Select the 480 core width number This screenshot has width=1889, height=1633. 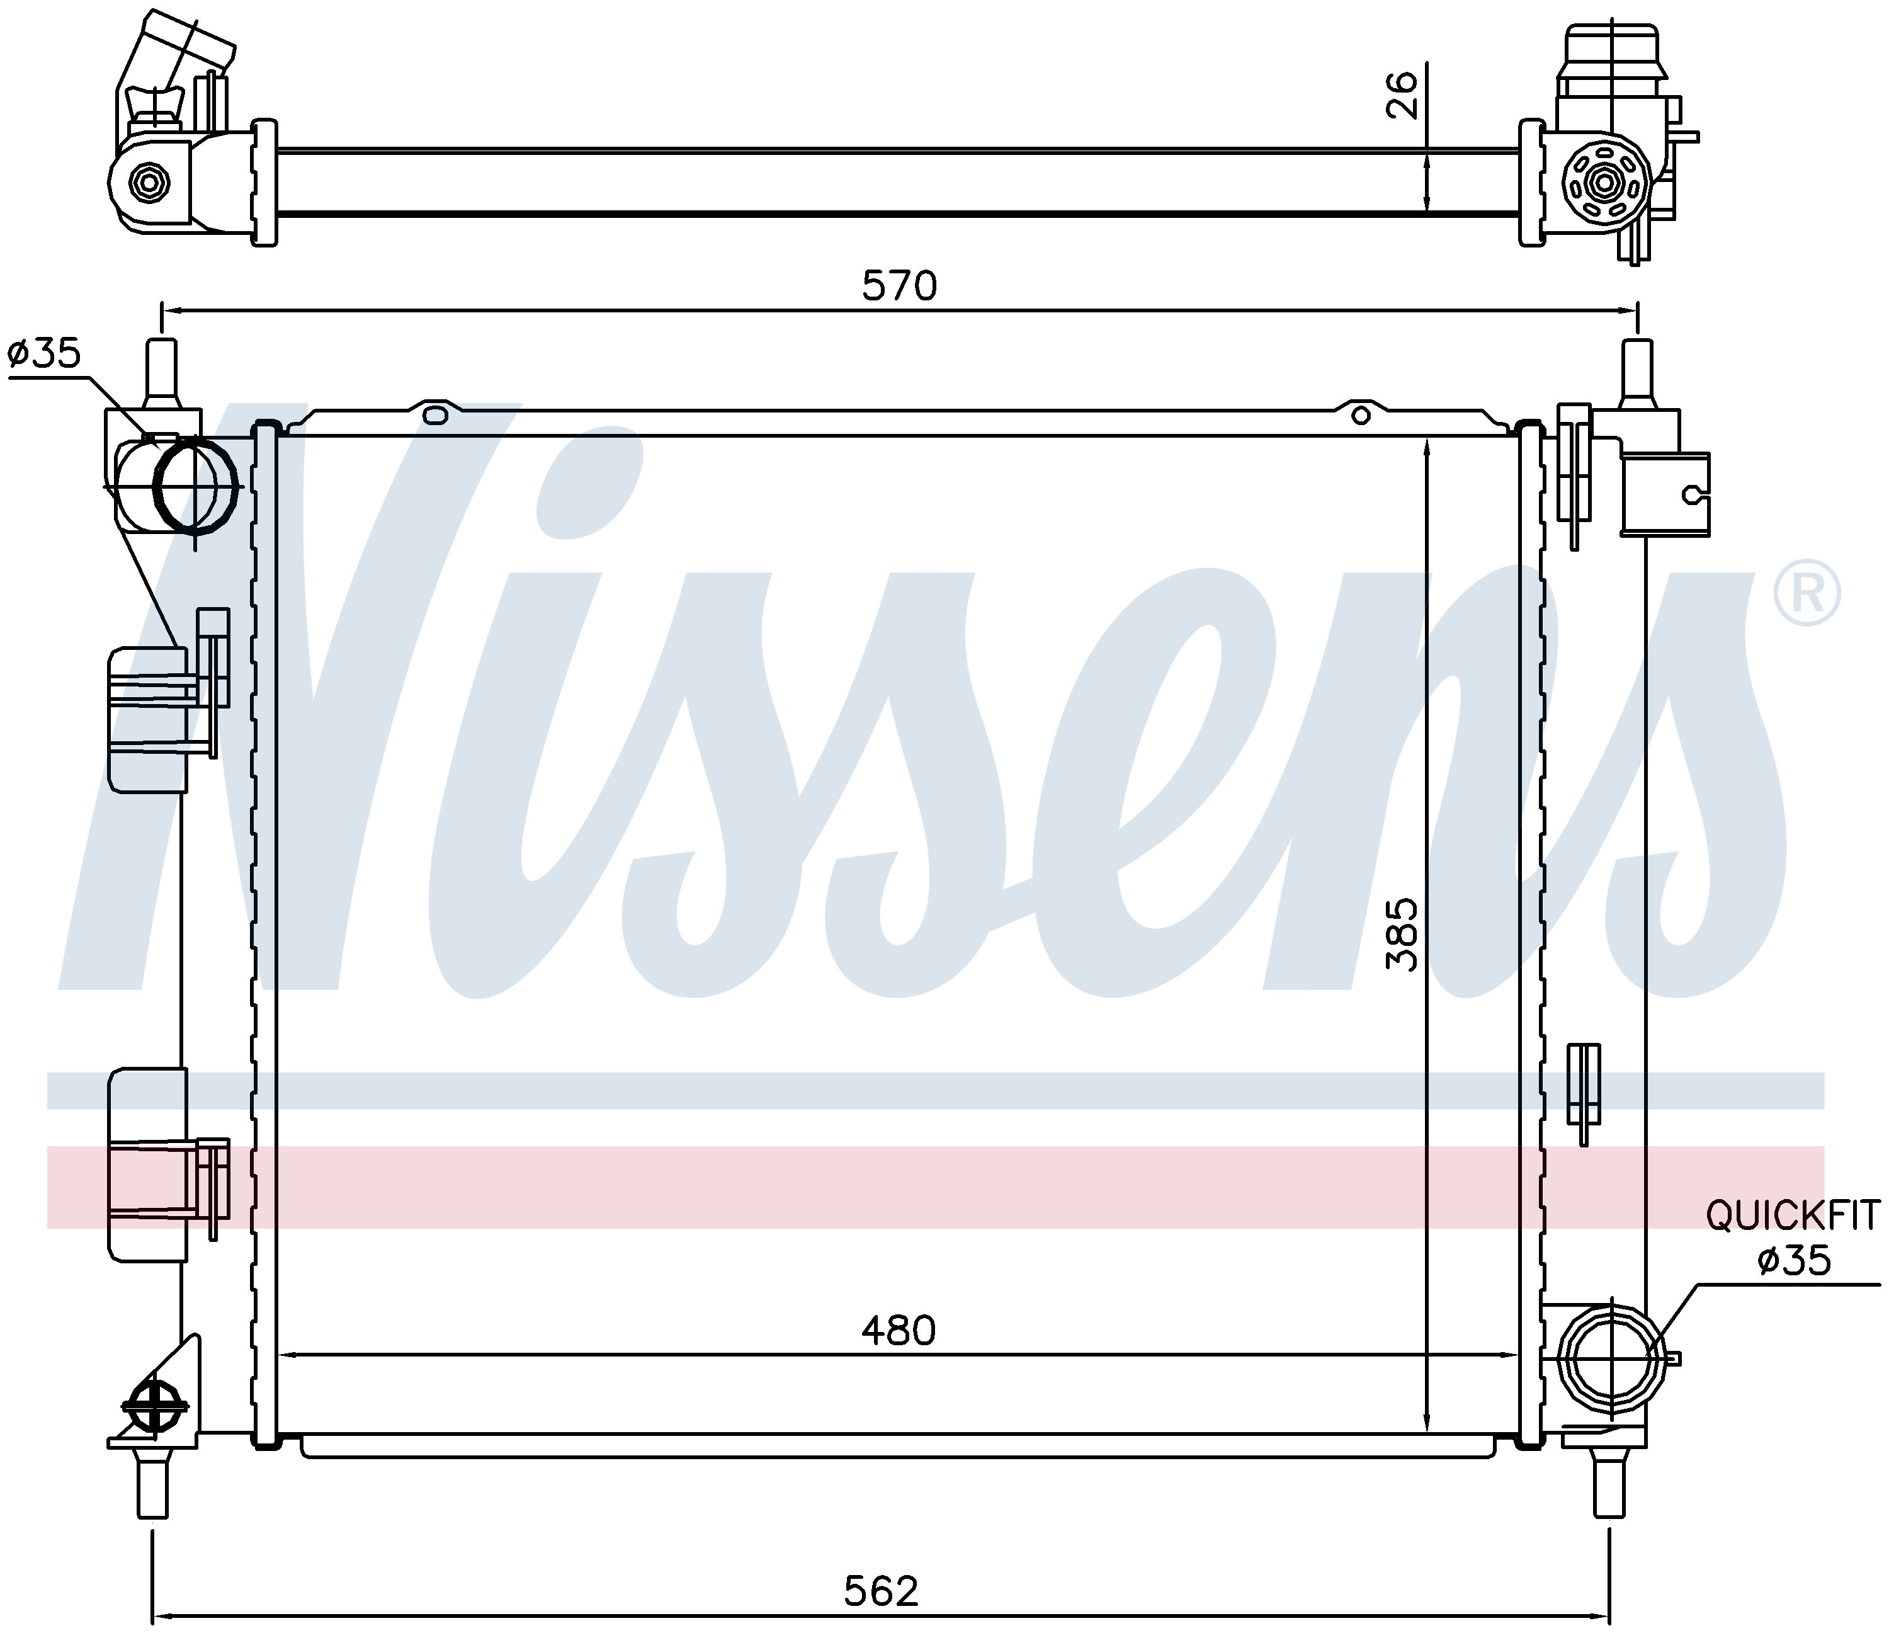pos(899,1331)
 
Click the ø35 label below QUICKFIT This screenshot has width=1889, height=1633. pos(1794,1260)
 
